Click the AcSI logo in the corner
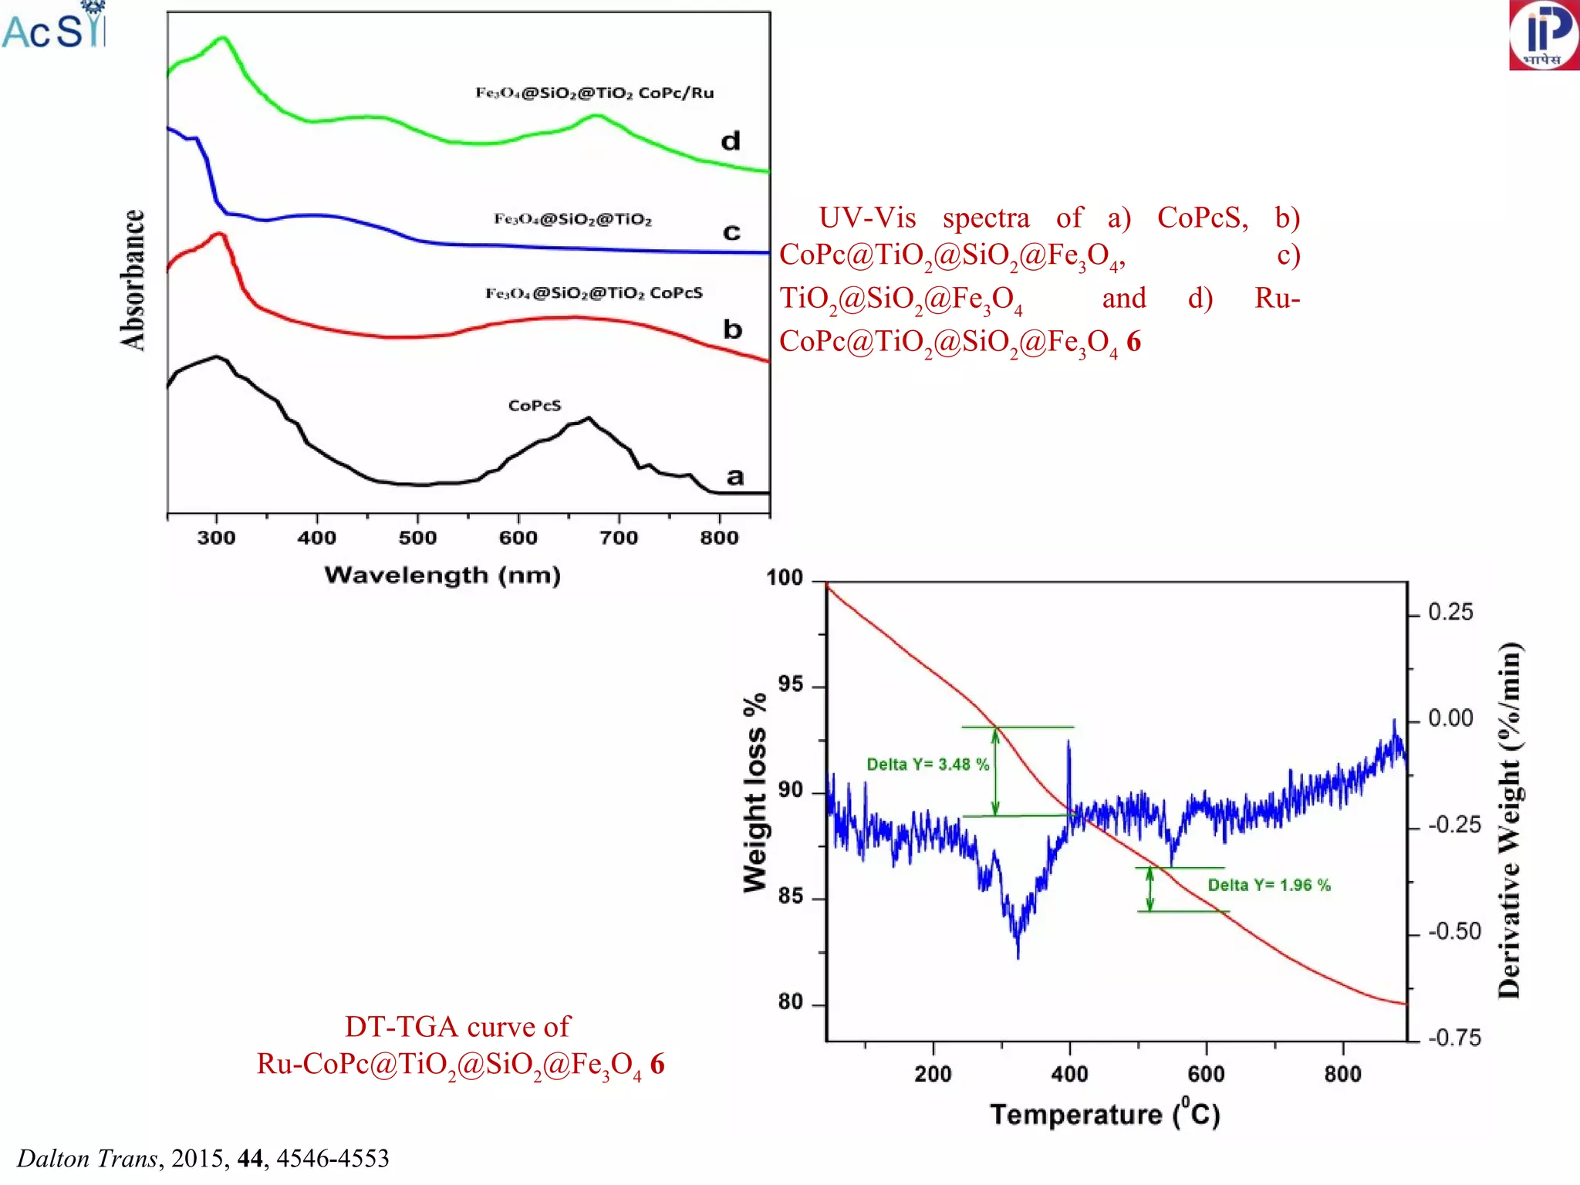(52, 27)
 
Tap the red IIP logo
(1544, 35)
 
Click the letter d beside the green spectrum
(730, 141)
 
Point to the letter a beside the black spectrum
(734, 477)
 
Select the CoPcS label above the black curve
(535, 406)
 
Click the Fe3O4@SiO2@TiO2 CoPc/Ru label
(594, 93)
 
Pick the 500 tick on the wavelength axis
(417, 538)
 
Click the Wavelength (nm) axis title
(442, 576)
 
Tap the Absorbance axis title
(133, 279)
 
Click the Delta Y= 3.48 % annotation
(927, 765)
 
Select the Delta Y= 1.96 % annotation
(1268, 885)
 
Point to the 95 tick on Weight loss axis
(790, 684)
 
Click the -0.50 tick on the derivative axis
(1453, 932)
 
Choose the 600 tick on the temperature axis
(1206, 1074)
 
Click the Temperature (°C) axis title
(1104, 1115)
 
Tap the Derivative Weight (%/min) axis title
(1509, 819)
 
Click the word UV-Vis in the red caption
(866, 218)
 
